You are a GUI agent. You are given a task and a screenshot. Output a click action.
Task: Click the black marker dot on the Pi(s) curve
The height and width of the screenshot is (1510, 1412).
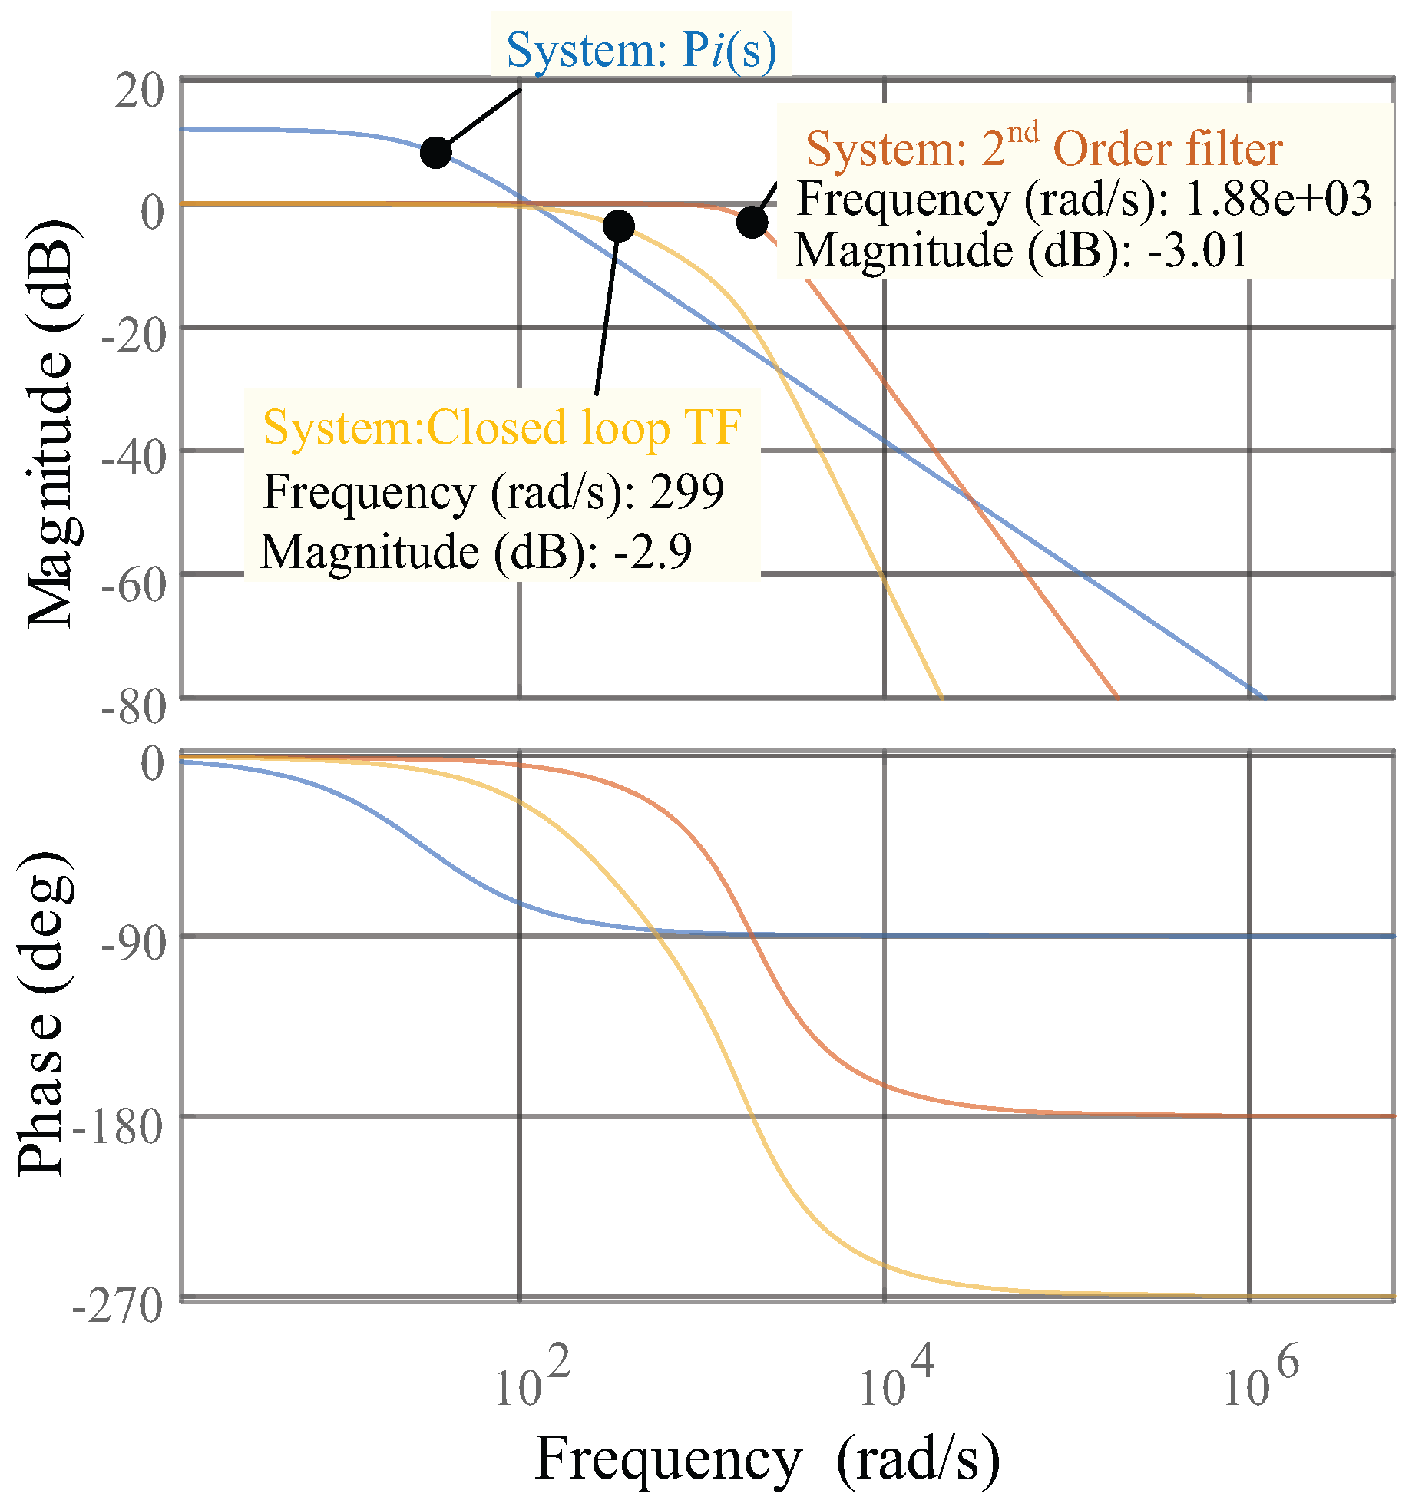point(435,152)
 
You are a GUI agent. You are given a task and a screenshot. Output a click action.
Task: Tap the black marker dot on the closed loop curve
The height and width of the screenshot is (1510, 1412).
point(618,226)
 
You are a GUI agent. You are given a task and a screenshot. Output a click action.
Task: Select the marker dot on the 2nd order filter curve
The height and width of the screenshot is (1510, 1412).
point(752,223)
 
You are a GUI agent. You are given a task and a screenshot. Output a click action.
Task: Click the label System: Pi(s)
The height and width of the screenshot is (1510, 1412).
point(641,50)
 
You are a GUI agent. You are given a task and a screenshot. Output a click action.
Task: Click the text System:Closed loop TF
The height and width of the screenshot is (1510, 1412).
point(502,428)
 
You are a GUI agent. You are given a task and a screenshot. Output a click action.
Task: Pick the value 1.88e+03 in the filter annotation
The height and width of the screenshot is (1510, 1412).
point(1278,199)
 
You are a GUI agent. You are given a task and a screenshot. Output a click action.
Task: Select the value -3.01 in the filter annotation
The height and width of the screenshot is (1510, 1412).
point(1198,250)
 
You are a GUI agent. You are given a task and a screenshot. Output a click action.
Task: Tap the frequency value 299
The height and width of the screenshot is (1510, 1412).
point(686,491)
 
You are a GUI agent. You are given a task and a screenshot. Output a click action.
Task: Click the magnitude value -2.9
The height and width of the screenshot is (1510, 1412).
point(653,551)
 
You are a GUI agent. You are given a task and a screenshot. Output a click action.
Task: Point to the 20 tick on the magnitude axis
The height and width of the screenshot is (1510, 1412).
point(140,91)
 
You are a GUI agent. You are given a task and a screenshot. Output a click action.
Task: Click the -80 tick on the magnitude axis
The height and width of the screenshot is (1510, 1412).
point(134,706)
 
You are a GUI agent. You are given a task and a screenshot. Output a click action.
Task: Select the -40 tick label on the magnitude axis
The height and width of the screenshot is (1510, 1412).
point(134,459)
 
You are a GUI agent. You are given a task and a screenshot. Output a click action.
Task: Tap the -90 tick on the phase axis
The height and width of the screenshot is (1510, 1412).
point(134,944)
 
